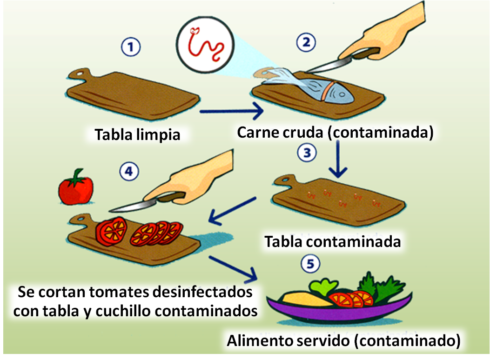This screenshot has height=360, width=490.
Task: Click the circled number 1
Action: click(131, 47)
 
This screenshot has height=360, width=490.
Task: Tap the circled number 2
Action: click(306, 43)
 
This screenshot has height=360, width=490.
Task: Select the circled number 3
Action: click(308, 153)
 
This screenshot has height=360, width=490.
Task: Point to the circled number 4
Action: click(129, 172)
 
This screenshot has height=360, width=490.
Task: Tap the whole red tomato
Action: click(75, 187)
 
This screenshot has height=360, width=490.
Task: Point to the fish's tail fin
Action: click(269, 73)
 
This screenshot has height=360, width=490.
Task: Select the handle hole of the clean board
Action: click(82, 73)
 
